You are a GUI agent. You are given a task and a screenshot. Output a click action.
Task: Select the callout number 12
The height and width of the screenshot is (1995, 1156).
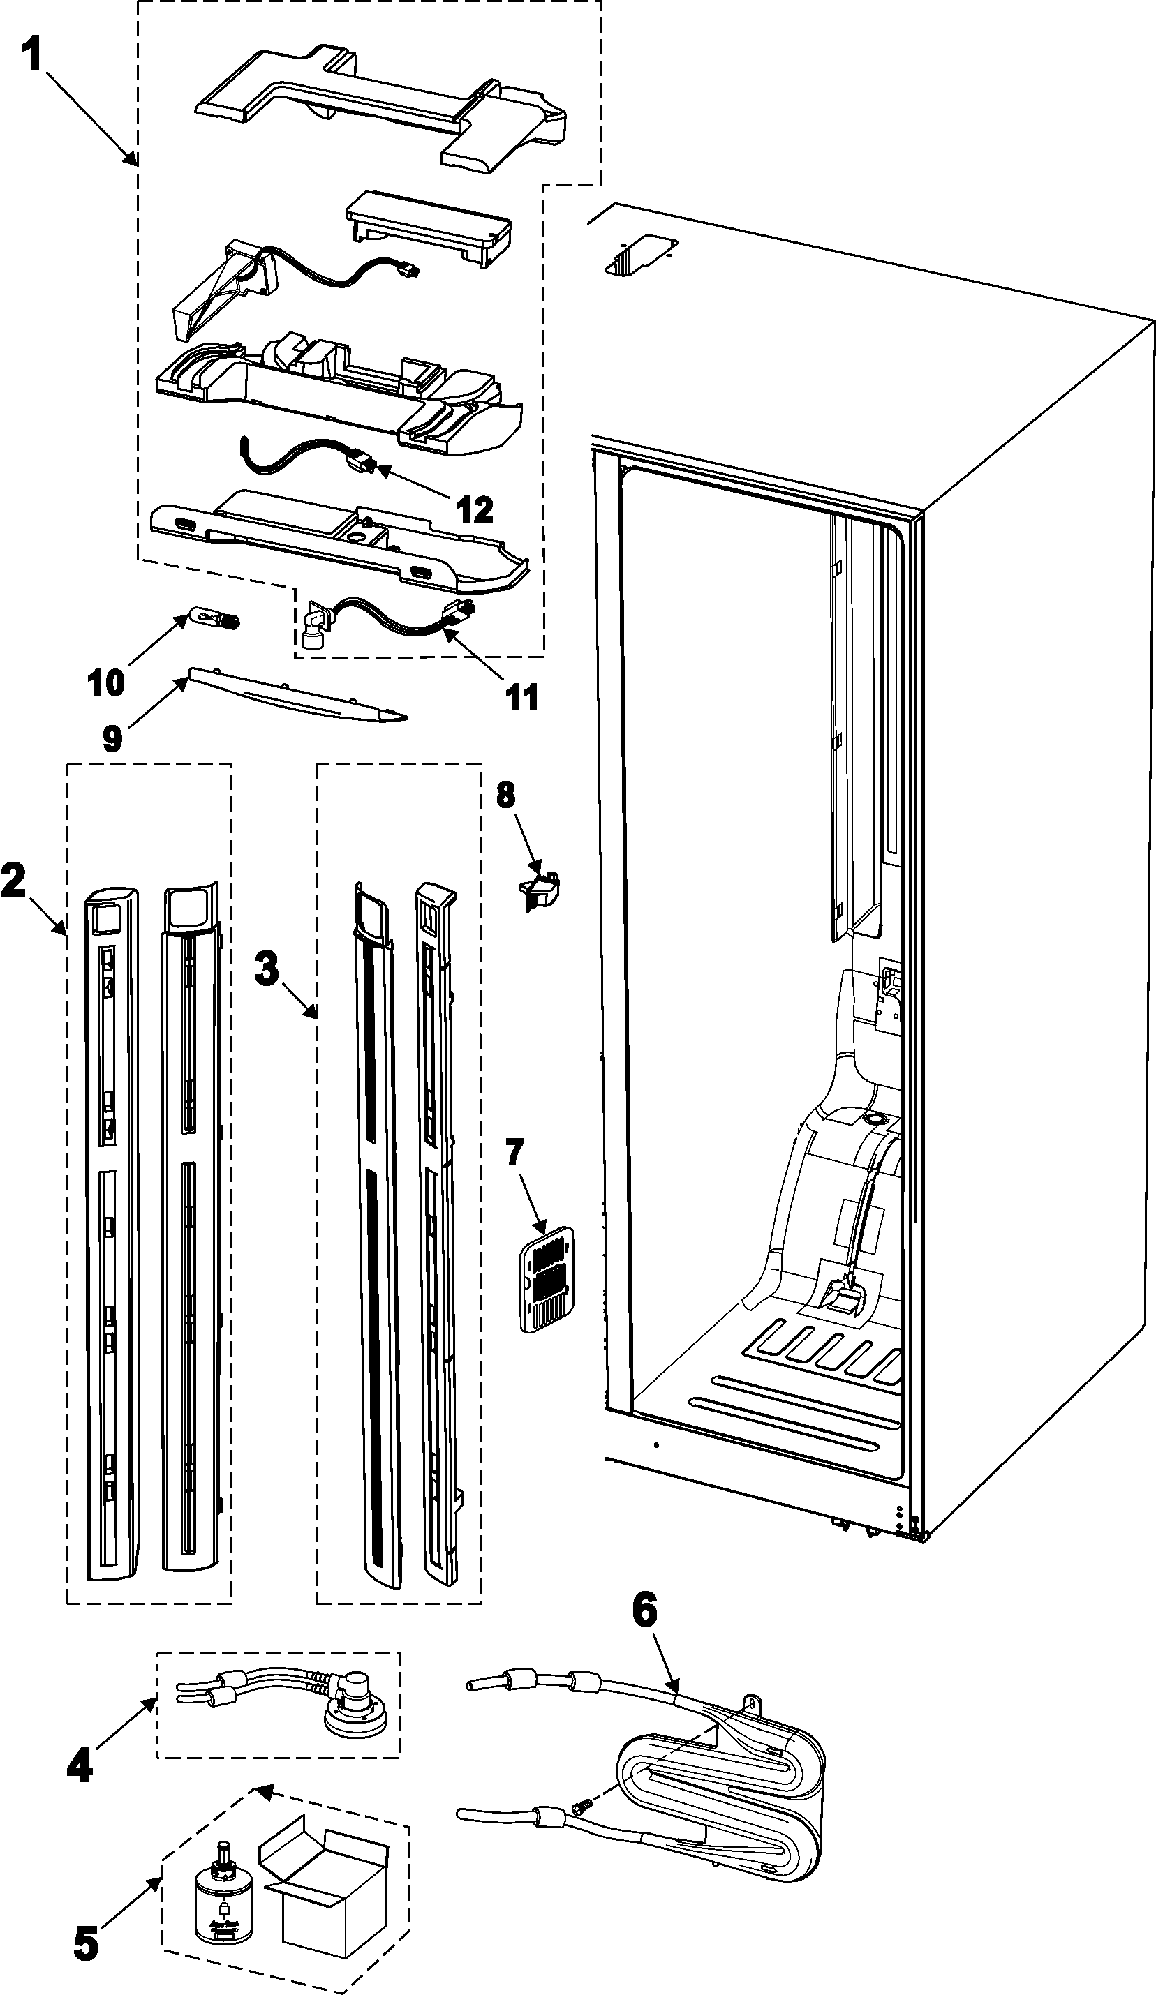pos(474,509)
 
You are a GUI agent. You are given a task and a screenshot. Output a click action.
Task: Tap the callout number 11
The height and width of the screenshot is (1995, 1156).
pos(521,698)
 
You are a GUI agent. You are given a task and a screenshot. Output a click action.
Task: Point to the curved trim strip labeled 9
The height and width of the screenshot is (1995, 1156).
pos(301,696)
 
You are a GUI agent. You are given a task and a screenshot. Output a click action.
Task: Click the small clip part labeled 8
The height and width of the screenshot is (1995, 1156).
pos(540,889)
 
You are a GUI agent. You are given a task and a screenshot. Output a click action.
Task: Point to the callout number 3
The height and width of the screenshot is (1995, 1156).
pos(267,967)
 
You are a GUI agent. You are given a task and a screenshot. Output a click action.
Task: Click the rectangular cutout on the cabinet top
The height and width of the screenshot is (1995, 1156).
pos(638,255)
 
